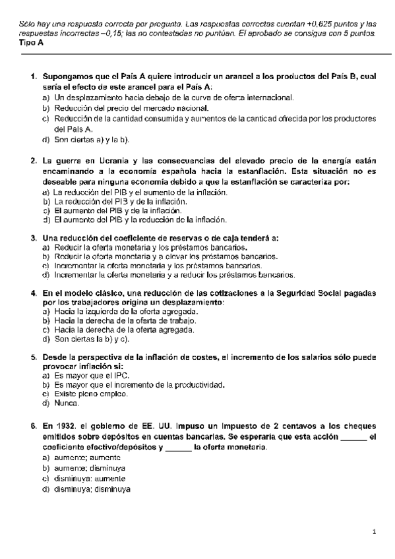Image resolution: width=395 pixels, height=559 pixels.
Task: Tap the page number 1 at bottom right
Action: pos(373,531)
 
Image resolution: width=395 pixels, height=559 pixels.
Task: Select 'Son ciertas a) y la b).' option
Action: pos(91,140)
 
